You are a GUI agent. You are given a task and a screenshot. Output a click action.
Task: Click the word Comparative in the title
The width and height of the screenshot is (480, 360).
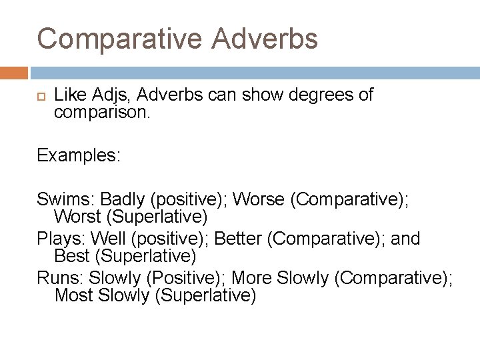pos(119,39)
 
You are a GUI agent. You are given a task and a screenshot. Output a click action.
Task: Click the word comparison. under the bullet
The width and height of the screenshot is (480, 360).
pos(103,113)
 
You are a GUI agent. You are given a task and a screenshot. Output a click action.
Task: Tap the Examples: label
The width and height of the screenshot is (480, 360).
pos(79,155)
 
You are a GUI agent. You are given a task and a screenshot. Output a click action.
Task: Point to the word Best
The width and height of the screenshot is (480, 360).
pos(71,255)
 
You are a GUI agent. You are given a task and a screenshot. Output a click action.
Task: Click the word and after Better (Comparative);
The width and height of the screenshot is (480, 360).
pos(406,238)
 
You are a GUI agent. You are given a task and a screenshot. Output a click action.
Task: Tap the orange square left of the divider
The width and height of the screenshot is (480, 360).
pos(14,72)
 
